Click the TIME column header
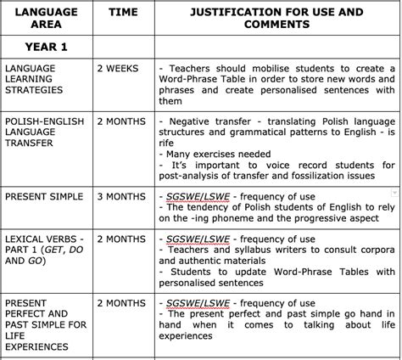120,13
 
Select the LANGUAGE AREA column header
44,19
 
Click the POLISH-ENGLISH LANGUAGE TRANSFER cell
44,132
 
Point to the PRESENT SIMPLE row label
44,197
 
